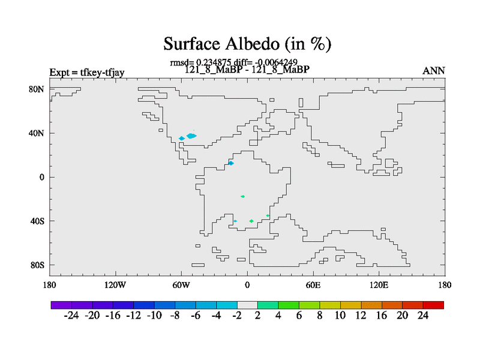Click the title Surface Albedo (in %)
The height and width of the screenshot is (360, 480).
click(x=247, y=44)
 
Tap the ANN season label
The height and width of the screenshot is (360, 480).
click(x=433, y=71)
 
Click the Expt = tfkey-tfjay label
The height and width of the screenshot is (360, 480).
click(x=87, y=73)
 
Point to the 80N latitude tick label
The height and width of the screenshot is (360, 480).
click(x=37, y=89)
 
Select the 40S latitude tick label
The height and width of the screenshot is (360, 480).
click(x=37, y=221)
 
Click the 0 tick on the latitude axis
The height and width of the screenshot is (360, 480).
click(x=41, y=177)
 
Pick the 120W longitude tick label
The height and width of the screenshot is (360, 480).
click(x=115, y=286)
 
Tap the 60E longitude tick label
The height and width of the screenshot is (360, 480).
click(x=313, y=286)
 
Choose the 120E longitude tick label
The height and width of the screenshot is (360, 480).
click(x=379, y=286)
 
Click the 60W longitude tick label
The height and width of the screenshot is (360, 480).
click(x=181, y=286)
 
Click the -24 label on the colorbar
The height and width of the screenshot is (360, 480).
click(x=71, y=316)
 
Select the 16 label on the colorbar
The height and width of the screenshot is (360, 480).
click(x=382, y=316)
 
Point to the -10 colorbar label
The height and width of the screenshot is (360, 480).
click(x=154, y=316)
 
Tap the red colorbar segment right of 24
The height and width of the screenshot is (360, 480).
click(x=433, y=305)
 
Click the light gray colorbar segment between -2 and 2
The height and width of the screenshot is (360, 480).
click(x=247, y=305)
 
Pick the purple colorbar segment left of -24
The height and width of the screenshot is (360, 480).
click(x=61, y=305)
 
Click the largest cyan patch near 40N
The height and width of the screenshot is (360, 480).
click(x=191, y=136)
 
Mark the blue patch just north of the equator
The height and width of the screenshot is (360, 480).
click(x=231, y=163)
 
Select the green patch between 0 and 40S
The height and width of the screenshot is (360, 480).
click(x=243, y=197)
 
